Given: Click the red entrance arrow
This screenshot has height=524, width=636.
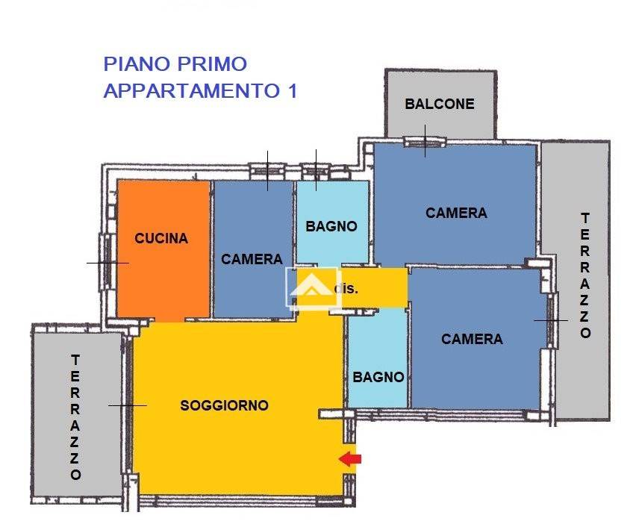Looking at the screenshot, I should click(350, 459).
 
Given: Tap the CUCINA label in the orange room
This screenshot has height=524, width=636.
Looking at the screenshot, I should click(161, 239).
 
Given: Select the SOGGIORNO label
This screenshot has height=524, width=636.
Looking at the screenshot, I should click(224, 405).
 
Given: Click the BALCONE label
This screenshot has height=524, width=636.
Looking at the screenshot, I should click(440, 104).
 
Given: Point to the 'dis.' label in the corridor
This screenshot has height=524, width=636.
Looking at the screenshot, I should click(346, 288).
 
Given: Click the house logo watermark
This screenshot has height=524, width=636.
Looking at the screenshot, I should click(314, 287).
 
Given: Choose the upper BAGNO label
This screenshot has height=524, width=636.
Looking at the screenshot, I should click(331, 226).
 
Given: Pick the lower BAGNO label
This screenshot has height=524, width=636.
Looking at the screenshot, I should click(378, 377).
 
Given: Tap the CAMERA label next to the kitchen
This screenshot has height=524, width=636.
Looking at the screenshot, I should click(252, 259).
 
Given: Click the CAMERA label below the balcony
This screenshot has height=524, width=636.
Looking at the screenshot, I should click(456, 213).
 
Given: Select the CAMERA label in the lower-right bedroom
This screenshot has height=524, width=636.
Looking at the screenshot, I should click(472, 339).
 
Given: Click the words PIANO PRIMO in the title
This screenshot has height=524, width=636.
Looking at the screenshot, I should click(175, 64).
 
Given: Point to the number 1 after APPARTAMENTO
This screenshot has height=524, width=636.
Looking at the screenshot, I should click(292, 91).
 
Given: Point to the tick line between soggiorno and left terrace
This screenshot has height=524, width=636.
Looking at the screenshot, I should click(128, 405).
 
